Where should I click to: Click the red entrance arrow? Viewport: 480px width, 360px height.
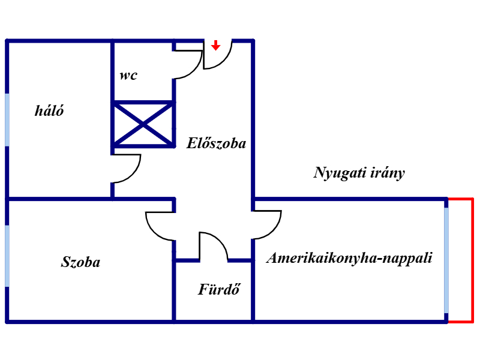point(215,45)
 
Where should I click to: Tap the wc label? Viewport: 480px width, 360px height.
point(128,76)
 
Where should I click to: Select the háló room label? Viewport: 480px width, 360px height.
point(50,111)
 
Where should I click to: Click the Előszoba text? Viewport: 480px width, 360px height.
point(217,143)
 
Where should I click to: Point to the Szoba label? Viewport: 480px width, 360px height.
point(81,262)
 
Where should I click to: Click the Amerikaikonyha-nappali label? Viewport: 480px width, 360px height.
point(350,258)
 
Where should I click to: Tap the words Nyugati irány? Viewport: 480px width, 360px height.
point(359,173)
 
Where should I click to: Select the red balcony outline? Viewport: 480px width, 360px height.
point(472,260)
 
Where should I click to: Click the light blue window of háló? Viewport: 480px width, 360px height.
point(7,119)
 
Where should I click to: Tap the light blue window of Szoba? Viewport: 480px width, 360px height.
point(7,256)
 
